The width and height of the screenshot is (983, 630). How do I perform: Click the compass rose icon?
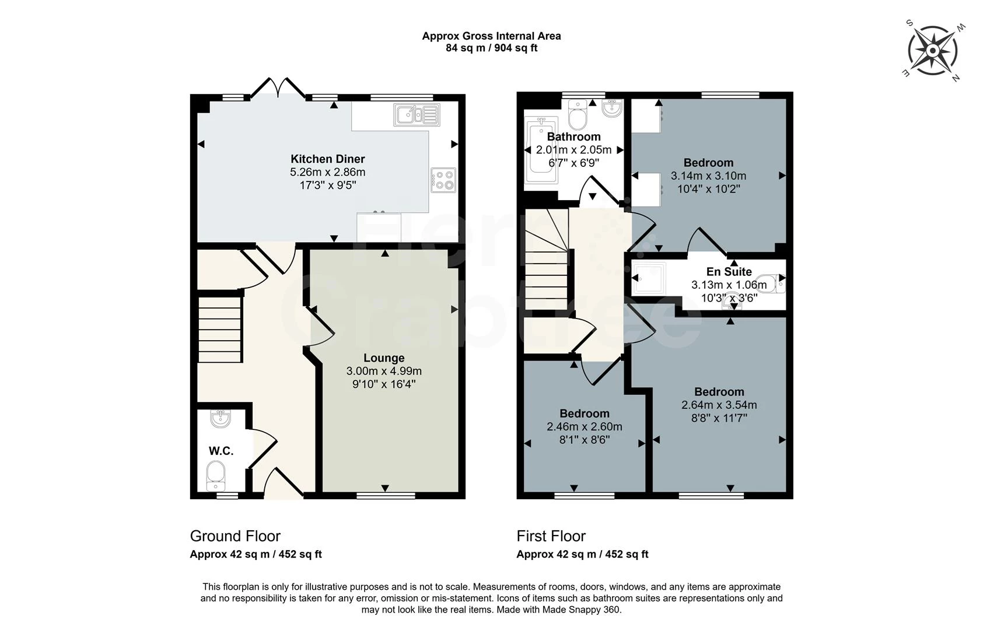(x=932, y=51)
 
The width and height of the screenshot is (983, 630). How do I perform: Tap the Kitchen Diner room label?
(x=328, y=159)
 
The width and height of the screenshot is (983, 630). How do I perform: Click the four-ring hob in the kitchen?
(x=443, y=180)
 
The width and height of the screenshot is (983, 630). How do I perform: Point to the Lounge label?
(x=384, y=358)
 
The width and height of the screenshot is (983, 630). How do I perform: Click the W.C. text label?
(x=221, y=451)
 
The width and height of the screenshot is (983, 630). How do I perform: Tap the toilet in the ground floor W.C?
(x=216, y=475)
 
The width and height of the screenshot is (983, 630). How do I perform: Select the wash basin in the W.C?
(x=221, y=418)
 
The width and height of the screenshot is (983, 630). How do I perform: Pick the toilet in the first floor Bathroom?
(x=578, y=116)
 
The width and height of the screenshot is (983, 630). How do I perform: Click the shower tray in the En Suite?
(x=649, y=278)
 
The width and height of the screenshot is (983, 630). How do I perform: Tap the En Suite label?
(x=729, y=272)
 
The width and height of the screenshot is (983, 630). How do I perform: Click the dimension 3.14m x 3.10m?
(x=708, y=176)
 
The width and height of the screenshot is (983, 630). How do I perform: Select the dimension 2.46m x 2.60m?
(x=584, y=426)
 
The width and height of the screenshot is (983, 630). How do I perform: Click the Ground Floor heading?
(x=235, y=535)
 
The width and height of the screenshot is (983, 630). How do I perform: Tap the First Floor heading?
(x=551, y=535)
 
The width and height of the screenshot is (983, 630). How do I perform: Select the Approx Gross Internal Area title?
(x=491, y=36)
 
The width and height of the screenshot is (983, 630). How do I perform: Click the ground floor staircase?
(x=220, y=330)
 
